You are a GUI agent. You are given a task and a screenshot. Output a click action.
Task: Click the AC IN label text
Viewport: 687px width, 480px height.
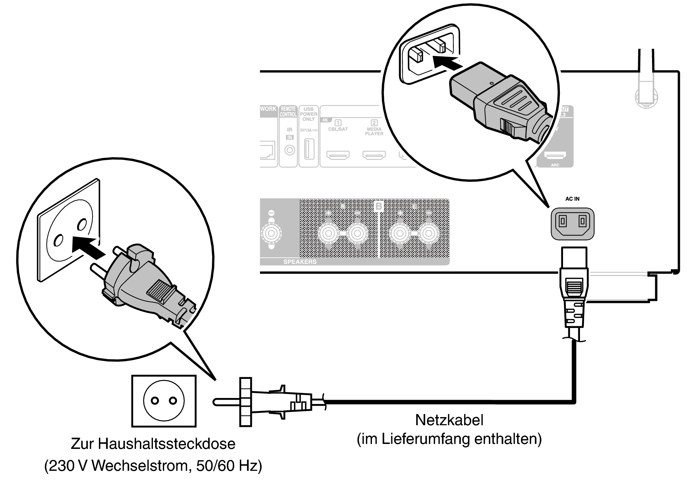pos(572,199)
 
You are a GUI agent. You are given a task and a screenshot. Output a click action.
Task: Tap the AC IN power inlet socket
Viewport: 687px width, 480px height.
pos(573,223)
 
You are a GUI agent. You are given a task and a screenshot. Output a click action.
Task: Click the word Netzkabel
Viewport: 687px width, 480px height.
pos(449,420)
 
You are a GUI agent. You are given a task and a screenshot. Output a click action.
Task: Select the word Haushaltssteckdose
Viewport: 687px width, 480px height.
pos(167,444)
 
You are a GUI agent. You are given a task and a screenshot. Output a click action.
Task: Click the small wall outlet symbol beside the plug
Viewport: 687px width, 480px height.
pos(164,401)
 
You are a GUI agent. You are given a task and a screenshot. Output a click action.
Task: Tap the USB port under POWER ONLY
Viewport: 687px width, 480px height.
pos(309,150)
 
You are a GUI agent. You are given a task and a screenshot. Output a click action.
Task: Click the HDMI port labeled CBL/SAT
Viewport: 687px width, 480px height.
pos(338,155)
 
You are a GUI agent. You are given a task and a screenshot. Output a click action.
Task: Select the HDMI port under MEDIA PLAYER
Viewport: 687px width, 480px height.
pos(374,155)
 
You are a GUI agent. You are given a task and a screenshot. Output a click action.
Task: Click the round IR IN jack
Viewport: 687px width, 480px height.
pos(290,150)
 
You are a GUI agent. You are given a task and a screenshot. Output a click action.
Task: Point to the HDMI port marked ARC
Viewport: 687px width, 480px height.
pos(555,155)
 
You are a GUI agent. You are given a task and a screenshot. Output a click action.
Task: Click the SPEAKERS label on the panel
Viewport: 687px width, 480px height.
pos(300,262)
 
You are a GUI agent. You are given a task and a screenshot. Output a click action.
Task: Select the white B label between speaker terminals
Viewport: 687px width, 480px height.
pos(379,206)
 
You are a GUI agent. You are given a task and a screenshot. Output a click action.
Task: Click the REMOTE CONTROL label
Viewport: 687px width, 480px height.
pos(288,112)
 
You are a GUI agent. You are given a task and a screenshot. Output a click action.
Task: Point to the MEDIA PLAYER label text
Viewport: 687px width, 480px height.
pos(374,131)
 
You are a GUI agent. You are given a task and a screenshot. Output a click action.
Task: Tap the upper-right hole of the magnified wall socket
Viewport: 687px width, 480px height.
pos(82,224)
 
